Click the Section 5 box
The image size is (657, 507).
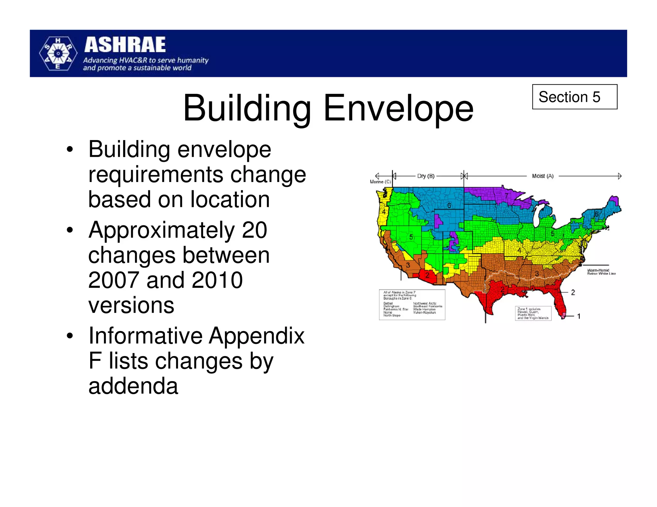click(x=574, y=97)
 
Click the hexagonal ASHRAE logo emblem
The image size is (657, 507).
click(x=58, y=54)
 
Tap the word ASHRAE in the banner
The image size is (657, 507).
click(x=125, y=45)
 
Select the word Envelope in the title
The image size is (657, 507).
click(x=398, y=108)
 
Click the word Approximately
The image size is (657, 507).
click(x=162, y=230)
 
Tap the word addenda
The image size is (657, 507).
click(x=133, y=386)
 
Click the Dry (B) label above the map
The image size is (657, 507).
click(x=426, y=176)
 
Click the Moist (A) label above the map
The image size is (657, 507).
click(x=542, y=176)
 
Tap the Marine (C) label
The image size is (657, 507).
click(x=380, y=182)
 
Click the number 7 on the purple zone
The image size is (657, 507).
click(x=507, y=195)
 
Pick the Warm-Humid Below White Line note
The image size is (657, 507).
click(x=601, y=272)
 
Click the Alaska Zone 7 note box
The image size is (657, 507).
click(x=412, y=304)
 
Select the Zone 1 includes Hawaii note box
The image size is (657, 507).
click(x=533, y=313)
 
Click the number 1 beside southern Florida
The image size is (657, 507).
click(x=579, y=316)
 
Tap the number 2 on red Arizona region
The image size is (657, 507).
click(x=427, y=275)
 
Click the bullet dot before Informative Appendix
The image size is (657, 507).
click(x=70, y=336)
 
